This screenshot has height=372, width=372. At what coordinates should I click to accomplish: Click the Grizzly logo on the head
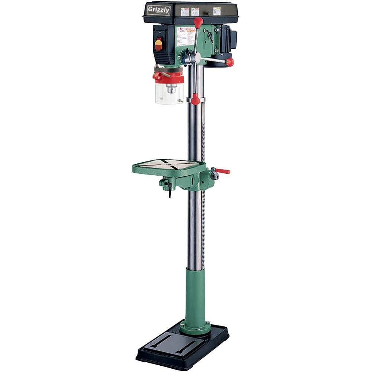[x=158, y=10]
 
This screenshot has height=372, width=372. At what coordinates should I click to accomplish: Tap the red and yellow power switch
[x=158, y=44]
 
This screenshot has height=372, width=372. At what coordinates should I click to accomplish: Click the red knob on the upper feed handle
[x=198, y=22]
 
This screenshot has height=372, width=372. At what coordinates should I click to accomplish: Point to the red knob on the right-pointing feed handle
[x=230, y=62]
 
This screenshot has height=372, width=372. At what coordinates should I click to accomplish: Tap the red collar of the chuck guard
[x=169, y=77]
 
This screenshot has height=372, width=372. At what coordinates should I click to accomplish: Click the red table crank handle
[x=223, y=171]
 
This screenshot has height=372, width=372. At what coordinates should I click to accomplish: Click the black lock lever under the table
[x=169, y=189]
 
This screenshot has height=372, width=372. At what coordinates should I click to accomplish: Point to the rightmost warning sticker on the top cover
[x=217, y=11]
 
